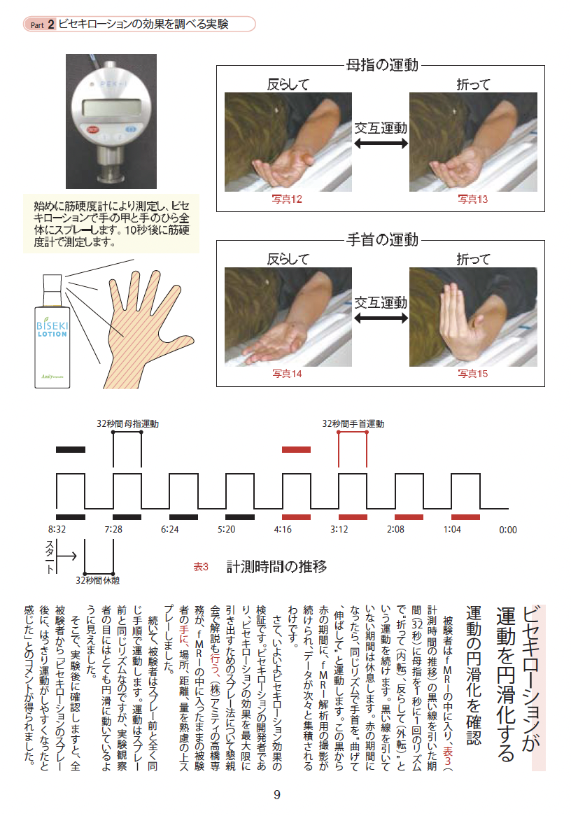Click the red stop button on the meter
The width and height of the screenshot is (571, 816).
click(x=92, y=129)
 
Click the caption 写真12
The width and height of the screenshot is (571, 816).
click(x=287, y=199)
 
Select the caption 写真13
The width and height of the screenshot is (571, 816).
click(x=472, y=199)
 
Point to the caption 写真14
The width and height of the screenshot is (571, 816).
click(x=287, y=374)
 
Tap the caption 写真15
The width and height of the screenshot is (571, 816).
click(x=472, y=374)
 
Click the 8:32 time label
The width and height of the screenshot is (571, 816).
click(x=57, y=529)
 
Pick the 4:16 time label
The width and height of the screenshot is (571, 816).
click(x=283, y=529)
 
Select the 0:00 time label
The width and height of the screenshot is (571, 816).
click(x=508, y=530)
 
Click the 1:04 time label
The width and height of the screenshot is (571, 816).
click(x=452, y=529)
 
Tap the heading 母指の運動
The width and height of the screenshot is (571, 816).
click(x=383, y=64)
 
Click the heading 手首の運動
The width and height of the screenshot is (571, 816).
click(x=383, y=239)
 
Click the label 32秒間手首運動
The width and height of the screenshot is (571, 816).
click(x=353, y=423)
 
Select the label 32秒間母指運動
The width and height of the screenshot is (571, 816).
click(x=127, y=423)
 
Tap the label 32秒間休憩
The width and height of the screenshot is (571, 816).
click(x=98, y=580)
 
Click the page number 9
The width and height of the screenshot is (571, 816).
click(x=277, y=795)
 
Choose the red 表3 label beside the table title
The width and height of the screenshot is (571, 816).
click(x=201, y=567)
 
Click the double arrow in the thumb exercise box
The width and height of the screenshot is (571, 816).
click(x=381, y=143)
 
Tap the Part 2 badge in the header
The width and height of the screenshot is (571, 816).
click(x=42, y=24)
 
